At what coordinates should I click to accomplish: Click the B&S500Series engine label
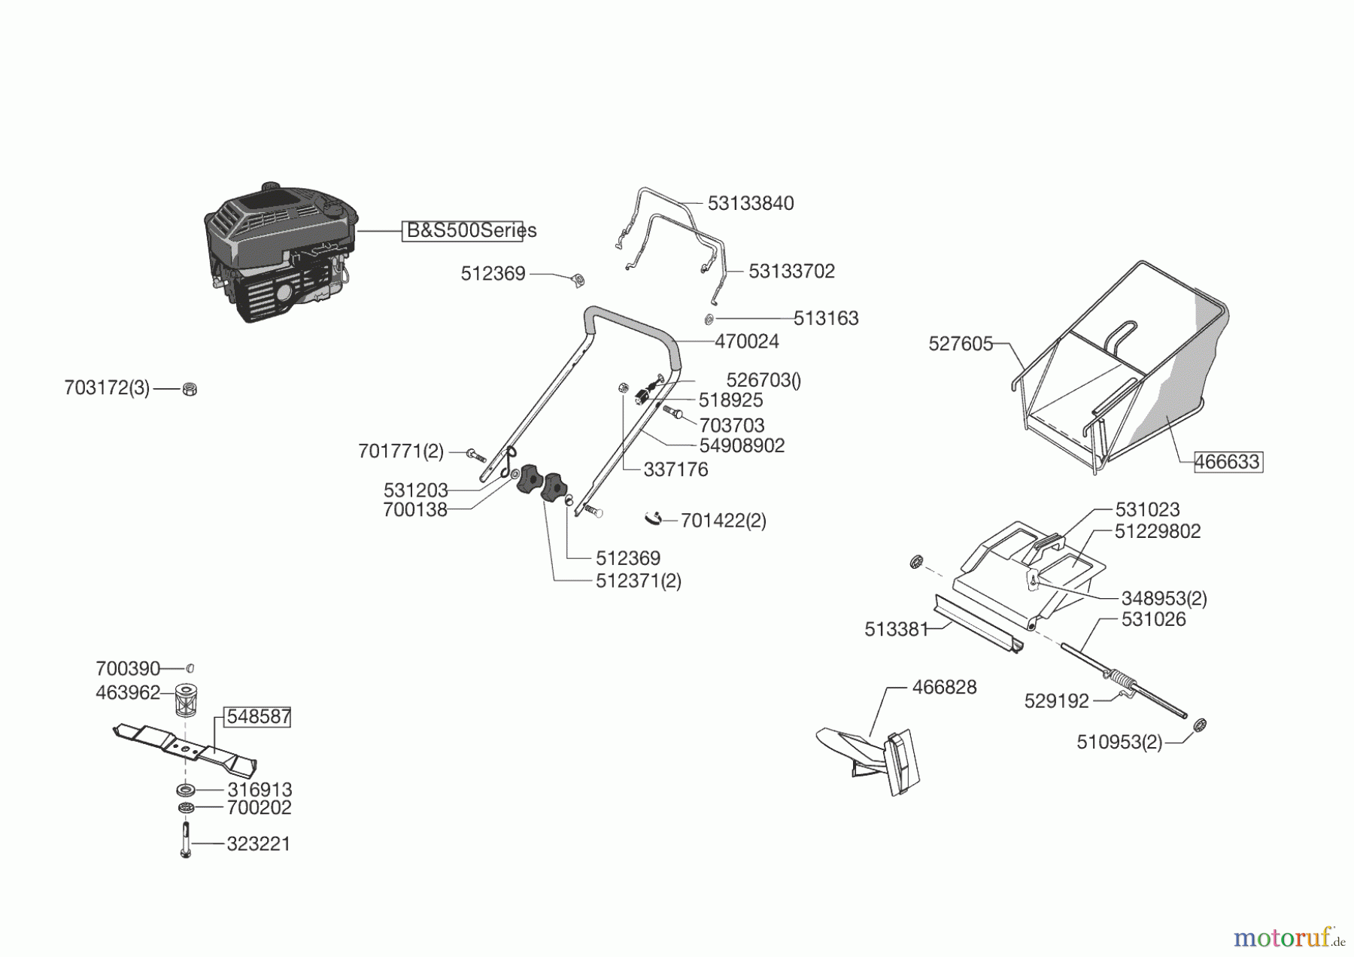(x=470, y=230)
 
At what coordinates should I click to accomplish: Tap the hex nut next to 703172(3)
(x=190, y=389)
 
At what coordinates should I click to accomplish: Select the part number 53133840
(x=750, y=204)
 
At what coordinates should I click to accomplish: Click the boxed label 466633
(x=1228, y=462)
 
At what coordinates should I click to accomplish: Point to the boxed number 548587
(x=258, y=717)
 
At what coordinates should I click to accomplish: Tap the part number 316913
(x=260, y=790)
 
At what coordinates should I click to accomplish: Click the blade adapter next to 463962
(x=185, y=700)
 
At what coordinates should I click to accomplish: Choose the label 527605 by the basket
(x=961, y=344)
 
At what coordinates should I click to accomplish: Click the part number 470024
(x=746, y=342)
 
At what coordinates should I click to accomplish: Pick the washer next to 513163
(x=709, y=320)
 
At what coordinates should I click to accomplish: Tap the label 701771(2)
(x=401, y=451)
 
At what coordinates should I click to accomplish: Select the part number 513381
(x=896, y=630)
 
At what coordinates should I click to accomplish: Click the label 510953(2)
(x=1119, y=743)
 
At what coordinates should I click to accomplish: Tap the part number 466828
(x=944, y=688)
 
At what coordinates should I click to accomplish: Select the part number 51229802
(x=1157, y=532)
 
